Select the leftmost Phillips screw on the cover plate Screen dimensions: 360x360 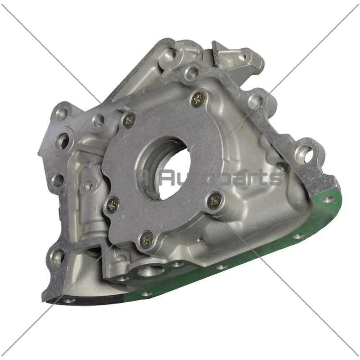(x=112, y=205)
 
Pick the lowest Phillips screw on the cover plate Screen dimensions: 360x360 (x=146, y=239)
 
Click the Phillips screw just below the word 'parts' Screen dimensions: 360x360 (x=214, y=199)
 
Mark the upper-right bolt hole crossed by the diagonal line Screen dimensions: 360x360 (x=255, y=101)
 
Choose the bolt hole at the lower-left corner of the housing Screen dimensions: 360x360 (x=58, y=256)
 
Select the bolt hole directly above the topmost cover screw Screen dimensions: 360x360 (x=192, y=72)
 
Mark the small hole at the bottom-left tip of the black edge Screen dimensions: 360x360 (x=68, y=300)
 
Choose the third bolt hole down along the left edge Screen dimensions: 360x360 (x=58, y=180)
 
